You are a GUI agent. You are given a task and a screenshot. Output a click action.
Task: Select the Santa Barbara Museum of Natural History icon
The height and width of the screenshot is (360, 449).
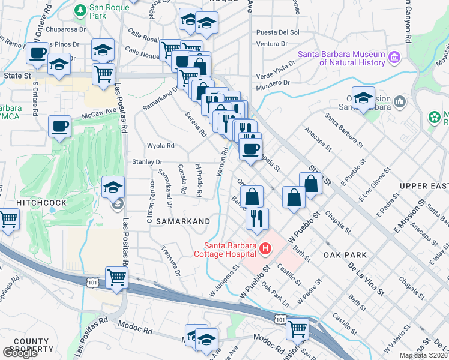[x=394, y=58]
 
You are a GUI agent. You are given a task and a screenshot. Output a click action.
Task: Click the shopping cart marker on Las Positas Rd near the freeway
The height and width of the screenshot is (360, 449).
[x=116, y=277]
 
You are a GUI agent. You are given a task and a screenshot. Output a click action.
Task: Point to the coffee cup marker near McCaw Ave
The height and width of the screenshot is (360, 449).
[x=60, y=127]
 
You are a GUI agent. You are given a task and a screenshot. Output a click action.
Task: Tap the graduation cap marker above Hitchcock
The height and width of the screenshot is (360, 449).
[x=112, y=188]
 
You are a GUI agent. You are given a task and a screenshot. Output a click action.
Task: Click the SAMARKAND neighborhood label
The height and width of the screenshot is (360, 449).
[x=183, y=221]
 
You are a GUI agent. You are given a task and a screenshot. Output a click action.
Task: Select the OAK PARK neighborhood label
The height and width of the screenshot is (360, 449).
[x=345, y=255]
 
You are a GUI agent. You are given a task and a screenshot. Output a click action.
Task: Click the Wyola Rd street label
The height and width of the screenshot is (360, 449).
[x=160, y=146]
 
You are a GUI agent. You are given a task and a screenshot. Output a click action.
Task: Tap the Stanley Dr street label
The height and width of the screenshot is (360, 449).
[x=147, y=162]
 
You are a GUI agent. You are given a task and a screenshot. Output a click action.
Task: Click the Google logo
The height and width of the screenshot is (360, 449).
[x=20, y=353]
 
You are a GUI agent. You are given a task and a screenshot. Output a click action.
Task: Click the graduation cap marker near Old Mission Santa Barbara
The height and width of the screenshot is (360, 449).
[x=364, y=97]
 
